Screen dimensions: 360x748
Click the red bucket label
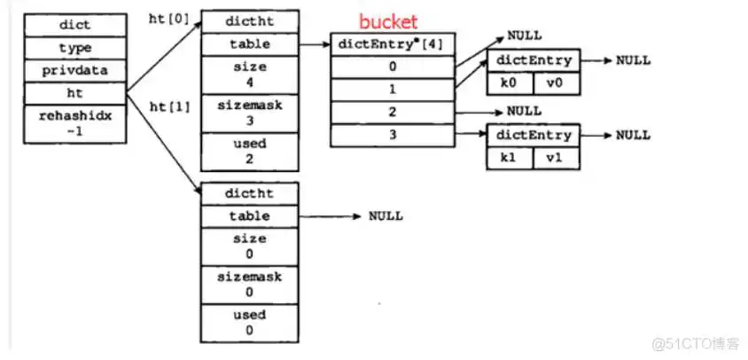pyautogui.click(x=386, y=21)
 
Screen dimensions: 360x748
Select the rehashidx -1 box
pyautogui.click(x=74, y=123)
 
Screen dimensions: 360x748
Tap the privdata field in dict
pyautogui.click(x=74, y=69)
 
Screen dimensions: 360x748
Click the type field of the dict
pyautogui.click(x=74, y=48)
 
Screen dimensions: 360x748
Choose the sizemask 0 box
pyautogui.click(x=249, y=285)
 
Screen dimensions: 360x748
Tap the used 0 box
pyautogui.click(x=249, y=322)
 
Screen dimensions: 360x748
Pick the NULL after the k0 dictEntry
pyautogui.click(x=633, y=60)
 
